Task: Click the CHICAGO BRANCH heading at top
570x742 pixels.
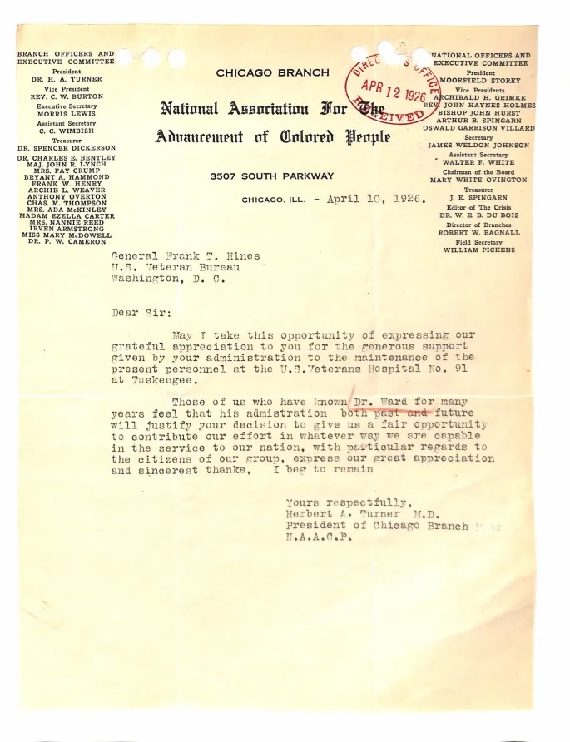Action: coord(272,73)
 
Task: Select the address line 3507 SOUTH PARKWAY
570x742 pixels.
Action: coord(271,176)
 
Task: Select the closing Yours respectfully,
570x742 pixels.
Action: coord(347,502)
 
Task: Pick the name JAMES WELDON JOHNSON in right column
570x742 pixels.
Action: coord(478,146)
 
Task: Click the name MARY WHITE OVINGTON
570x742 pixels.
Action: coord(478,180)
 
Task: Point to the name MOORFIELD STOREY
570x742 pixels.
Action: coord(480,81)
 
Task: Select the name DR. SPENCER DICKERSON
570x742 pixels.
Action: coord(66,148)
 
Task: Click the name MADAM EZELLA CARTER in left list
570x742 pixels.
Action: coord(66,217)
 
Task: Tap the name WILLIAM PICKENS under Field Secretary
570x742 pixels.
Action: coord(478,250)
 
